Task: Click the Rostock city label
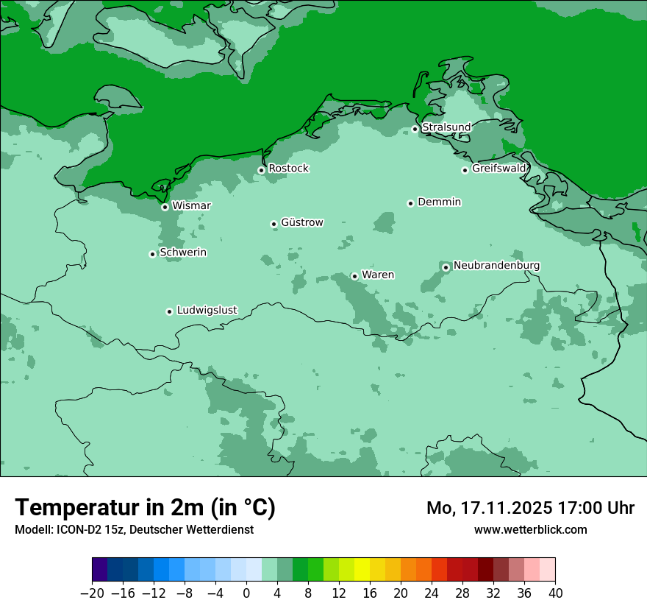288,169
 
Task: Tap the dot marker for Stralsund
415,129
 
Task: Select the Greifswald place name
498,169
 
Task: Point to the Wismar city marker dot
165,207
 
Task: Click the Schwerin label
183,252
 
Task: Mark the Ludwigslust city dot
169,311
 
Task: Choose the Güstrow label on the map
301,222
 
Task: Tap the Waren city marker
354,276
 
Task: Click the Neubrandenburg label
496,266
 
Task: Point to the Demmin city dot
410,203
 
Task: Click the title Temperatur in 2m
145,508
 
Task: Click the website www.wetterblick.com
530,529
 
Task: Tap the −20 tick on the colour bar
92,593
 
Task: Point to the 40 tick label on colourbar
555,593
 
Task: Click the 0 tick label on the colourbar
246,593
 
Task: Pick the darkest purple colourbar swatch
100,570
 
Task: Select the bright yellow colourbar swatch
362,570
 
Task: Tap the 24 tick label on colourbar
432,593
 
